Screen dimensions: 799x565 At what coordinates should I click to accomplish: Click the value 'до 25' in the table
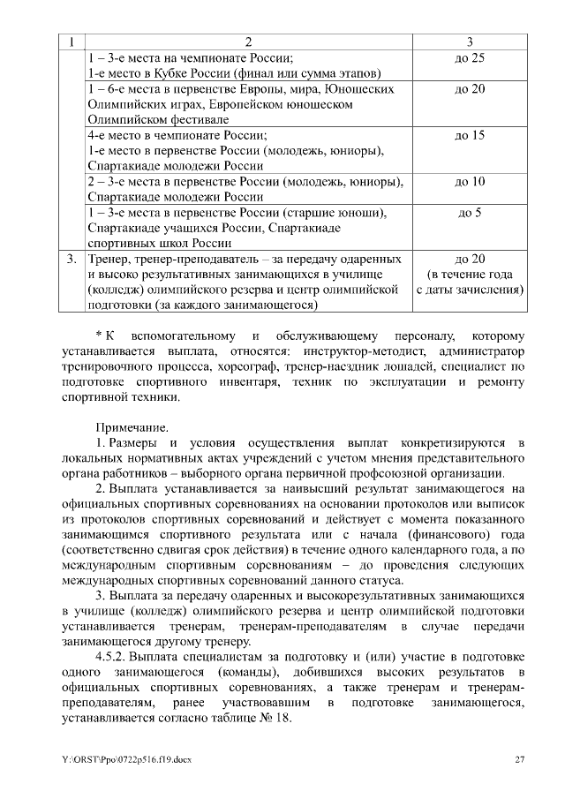[470, 58]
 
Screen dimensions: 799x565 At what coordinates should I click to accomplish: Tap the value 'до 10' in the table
[470, 182]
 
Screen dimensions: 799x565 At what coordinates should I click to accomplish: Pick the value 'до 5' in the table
[470, 213]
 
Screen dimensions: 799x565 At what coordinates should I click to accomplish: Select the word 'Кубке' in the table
[182, 73]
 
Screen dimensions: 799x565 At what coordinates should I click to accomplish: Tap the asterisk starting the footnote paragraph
[98, 335]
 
